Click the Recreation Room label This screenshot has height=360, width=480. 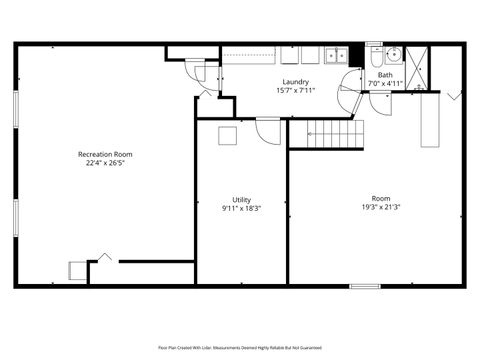(105, 154)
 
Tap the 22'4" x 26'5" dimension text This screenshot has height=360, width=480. (105, 164)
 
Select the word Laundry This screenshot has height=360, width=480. (295, 82)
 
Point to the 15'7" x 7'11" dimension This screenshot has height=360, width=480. (295, 91)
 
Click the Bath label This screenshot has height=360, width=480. (385, 75)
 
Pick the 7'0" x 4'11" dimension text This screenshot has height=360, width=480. (385, 84)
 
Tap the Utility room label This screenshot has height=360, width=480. (241, 199)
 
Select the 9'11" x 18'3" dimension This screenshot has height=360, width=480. (241, 209)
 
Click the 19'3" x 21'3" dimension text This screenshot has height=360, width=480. (381, 208)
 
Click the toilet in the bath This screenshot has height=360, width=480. (373, 58)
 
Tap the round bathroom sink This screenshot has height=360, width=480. (393, 54)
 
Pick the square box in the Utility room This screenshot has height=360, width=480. (228, 136)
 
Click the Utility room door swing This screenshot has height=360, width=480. (268, 128)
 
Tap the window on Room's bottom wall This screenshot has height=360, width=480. (364, 286)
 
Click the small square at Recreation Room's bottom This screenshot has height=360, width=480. (77, 270)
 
